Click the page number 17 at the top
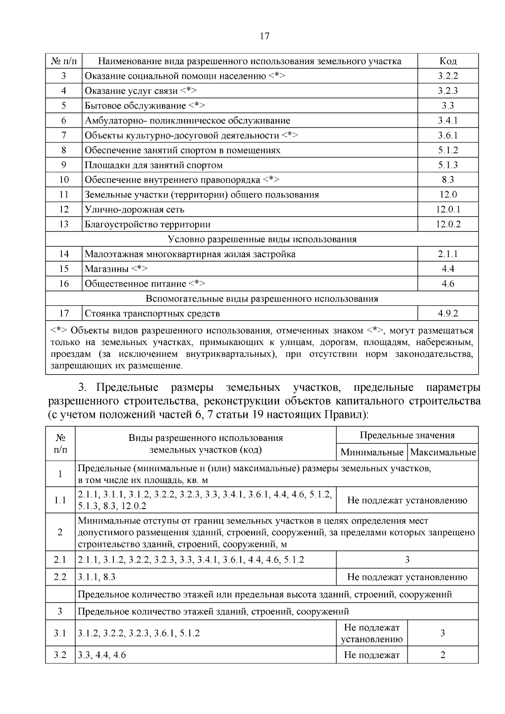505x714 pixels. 264,36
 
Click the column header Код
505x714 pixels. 448,61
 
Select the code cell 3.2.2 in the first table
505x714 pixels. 448,76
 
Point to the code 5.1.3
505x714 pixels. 448,165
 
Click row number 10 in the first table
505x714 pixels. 64,180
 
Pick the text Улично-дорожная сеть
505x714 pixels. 135,210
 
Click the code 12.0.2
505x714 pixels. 448,224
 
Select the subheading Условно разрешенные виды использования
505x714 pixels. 262,239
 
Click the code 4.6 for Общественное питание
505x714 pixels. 448,284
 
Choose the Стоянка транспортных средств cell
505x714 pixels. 152,313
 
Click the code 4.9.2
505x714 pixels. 448,313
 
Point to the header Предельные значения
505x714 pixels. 407,435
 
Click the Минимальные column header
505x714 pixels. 372,453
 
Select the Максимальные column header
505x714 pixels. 443,453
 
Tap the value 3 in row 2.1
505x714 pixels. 407,560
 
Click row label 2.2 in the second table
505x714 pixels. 60,577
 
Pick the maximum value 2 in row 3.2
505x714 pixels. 443,655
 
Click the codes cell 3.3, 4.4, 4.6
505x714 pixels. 102,655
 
